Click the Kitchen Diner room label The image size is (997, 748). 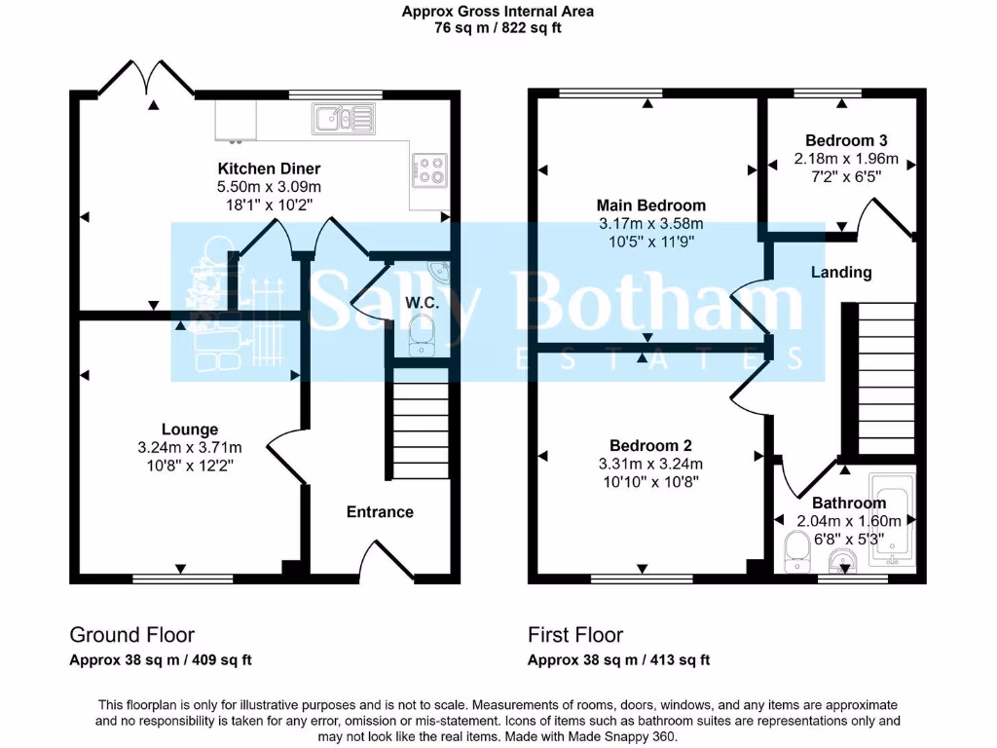[x=269, y=168]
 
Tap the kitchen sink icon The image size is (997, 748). [x=343, y=120]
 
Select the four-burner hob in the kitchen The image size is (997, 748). [x=429, y=170]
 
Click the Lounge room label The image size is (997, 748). [x=190, y=429]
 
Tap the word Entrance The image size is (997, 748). [x=380, y=511]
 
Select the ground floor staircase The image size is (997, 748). [x=419, y=429]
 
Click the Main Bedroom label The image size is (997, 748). [x=651, y=206]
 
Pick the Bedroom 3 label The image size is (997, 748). [x=846, y=140]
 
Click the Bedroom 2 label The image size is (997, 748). [x=651, y=445]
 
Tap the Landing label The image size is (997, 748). [x=841, y=272]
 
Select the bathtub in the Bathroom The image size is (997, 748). [x=890, y=521]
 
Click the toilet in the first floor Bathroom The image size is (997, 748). [x=796, y=552]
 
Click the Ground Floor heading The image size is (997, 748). [x=131, y=635]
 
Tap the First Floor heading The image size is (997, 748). [x=575, y=635]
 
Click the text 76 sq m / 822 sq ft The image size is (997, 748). [x=498, y=28]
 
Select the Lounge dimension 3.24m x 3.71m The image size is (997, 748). [x=190, y=447]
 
